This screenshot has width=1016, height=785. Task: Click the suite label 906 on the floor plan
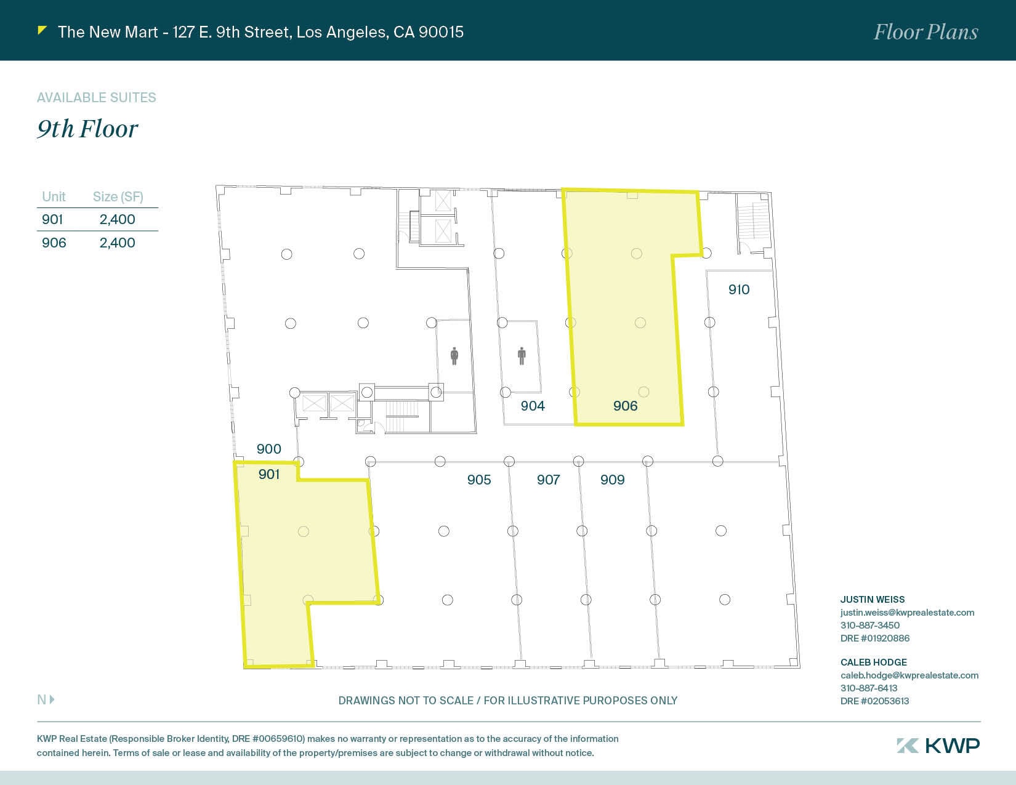625,406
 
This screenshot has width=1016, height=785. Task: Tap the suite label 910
739,289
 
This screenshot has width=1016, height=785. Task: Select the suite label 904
533,406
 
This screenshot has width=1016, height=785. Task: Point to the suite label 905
479,480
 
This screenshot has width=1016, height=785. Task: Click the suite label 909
612,480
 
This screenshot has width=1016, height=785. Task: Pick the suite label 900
268,449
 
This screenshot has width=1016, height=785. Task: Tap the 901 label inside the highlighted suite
269,474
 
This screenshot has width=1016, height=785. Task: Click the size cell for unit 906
117,243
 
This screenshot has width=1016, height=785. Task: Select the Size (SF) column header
118,196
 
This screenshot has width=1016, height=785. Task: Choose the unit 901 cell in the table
52,219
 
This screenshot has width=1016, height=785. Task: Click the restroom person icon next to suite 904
522,356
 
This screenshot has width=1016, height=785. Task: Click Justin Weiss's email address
907,612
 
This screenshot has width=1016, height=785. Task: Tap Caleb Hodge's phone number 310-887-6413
869,688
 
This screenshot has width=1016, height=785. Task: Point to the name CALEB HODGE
873,662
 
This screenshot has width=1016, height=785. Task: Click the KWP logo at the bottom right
938,746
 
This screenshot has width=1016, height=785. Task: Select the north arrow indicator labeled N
46,699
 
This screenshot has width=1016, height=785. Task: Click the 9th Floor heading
87,129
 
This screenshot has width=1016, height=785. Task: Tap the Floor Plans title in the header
925,32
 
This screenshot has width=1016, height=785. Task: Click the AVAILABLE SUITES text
97,97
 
